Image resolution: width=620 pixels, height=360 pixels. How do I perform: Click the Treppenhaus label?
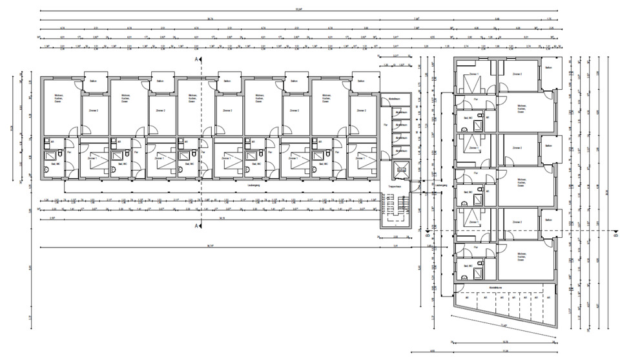(395, 185)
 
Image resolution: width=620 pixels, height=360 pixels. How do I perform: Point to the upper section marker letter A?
(196, 59)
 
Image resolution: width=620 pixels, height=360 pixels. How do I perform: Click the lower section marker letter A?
(196, 226)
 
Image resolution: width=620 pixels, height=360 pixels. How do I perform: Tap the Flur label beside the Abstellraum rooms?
(386, 124)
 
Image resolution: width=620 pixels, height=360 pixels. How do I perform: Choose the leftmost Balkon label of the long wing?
(94, 81)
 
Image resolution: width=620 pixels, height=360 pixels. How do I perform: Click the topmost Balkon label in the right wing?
(548, 68)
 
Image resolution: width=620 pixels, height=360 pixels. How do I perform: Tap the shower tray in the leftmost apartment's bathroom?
(50, 156)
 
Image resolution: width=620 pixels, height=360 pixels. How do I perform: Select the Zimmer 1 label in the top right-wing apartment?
(473, 74)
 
